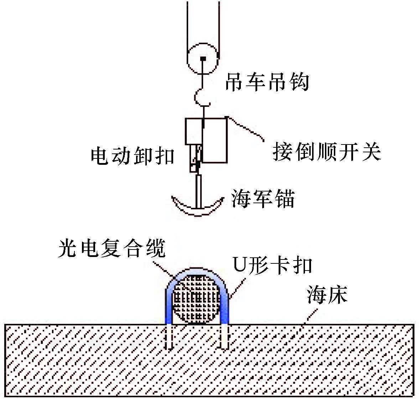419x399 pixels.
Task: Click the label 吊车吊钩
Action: click(x=267, y=83)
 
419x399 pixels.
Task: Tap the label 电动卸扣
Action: click(x=133, y=156)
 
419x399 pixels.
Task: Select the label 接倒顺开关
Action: click(x=327, y=152)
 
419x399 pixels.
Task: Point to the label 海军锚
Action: click(x=263, y=199)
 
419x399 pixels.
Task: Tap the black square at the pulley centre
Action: click(x=203, y=58)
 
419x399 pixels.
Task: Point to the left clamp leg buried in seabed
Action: click(x=170, y=336)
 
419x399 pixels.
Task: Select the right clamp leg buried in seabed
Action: click(x=224, y=336)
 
